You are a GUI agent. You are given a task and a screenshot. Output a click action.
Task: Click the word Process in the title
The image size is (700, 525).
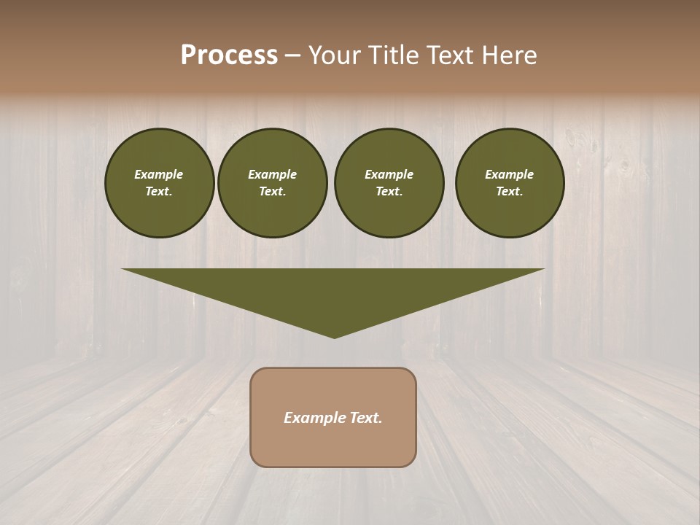[x=229, y=55]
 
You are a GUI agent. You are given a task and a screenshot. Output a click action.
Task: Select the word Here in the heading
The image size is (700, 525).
[x=508, y=55]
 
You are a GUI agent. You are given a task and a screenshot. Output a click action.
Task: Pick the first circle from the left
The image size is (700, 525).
[x=159, y=183]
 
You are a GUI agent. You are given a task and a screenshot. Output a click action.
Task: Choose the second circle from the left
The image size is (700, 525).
[x=272, y=183]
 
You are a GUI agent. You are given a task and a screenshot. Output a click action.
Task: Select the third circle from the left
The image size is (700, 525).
[x=389, y=183]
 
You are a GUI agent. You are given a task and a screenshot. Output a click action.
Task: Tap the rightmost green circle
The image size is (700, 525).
[x=510, y=183]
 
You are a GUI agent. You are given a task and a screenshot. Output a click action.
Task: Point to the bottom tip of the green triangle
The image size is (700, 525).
[x=335, y=336]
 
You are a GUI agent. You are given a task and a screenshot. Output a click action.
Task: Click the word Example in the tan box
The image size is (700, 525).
[x=314, y=418]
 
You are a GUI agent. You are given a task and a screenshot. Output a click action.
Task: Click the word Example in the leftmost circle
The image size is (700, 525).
[x=159, y=174]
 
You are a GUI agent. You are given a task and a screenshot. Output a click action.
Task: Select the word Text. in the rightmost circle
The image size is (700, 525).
[x=510, y=192]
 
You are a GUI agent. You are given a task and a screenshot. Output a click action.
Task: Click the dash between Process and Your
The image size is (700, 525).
[x=292, y=56]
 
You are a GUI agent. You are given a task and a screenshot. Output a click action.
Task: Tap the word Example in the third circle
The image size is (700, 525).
[x=389, y=174]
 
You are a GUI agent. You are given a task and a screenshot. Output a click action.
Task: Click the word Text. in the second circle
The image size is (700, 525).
[x=272, y=192]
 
